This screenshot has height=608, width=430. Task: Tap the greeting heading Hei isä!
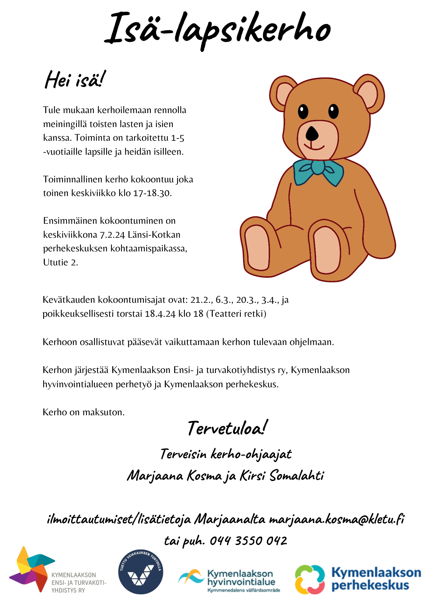pos(75,80)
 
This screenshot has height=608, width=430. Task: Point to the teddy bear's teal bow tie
pos(318,172)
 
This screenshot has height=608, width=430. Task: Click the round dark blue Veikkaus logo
pos(140,572)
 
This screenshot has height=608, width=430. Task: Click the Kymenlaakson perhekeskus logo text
pos(376,579)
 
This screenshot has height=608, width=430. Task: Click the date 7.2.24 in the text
pos(113,235)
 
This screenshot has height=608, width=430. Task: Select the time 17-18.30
pos(152,193)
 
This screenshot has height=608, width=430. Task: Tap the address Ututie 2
pos(61,262)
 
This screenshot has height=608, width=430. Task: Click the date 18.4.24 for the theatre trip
pos(160,314)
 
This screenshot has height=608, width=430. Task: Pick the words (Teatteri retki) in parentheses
pos(236,314)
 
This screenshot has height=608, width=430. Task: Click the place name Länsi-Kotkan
pos(154,235)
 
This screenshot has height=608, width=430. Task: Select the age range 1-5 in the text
pos(178,138)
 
